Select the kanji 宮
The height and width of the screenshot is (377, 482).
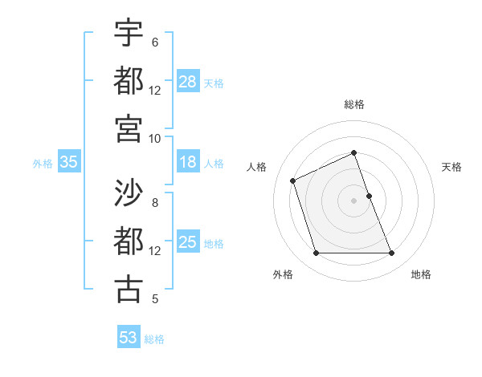[x=129, y=128]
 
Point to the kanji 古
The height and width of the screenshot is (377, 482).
[x=129, y=289]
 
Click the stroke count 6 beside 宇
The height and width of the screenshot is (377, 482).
[x=155, y=43]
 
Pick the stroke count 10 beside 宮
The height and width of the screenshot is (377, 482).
[x=155, y=138]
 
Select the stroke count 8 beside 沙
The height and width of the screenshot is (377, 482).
[x=155, y=203]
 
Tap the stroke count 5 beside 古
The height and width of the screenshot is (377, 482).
[x=155, y=299]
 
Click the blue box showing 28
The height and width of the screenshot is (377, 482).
[x=188, y=82]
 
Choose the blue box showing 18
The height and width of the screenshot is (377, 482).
[x=188, y=163]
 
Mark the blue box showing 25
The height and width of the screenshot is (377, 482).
[x=188, y=243]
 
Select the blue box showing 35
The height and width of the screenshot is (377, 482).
[x=69, y=163]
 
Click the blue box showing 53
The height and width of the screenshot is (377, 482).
[x=129, y=338]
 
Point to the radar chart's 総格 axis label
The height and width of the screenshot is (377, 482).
[x=354, y=105]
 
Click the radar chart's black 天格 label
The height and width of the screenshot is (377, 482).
[x=451, y=167]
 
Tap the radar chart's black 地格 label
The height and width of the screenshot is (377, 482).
[x=421, y=274]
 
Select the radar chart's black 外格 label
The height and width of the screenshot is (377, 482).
[x=283, y=274]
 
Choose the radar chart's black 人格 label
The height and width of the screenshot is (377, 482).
[x=256, y=167]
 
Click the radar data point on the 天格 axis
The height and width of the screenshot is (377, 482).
[x=369, y=196]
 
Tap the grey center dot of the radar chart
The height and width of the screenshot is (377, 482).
[x=354, y=201]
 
